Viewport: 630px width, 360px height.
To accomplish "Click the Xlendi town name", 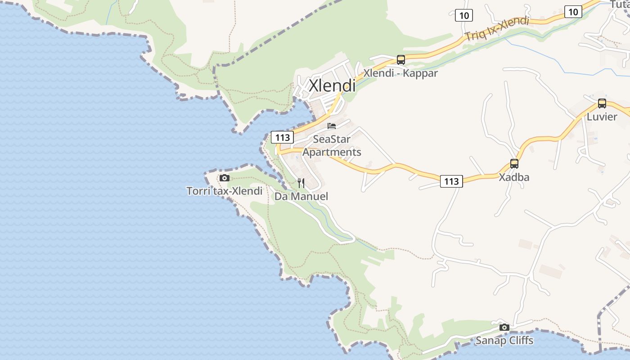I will point(332,85).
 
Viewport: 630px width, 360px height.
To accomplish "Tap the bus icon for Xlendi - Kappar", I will point(400,59).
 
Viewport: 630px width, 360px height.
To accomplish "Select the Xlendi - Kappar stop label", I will point(400,73).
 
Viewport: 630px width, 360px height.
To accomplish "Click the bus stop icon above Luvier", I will point(602,103).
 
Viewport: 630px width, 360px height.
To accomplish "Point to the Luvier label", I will point(602,117).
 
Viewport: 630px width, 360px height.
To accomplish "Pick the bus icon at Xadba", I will point(514,164).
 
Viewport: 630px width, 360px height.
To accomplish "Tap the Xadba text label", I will point(514,177).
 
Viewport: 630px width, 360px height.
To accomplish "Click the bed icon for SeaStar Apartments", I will point(332,126).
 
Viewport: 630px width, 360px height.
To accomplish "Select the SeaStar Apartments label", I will point(332,145).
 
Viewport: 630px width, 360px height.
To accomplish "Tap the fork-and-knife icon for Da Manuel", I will point(301,183).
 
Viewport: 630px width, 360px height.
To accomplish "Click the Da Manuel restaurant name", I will point(301,196).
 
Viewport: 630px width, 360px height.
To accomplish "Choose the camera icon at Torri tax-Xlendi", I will point(224,178).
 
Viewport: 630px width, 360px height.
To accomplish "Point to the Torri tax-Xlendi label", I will point(224,191).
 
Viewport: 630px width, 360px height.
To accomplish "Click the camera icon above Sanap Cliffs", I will point(504,327).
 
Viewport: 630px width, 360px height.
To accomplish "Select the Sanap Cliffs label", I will point(504,341).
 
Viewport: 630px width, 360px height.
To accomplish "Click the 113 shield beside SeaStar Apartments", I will point(282,137).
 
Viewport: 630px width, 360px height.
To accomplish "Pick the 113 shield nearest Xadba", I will point(451,181).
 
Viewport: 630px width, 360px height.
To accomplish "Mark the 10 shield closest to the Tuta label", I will point(573,12).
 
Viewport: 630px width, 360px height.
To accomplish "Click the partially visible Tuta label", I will point(620,4).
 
